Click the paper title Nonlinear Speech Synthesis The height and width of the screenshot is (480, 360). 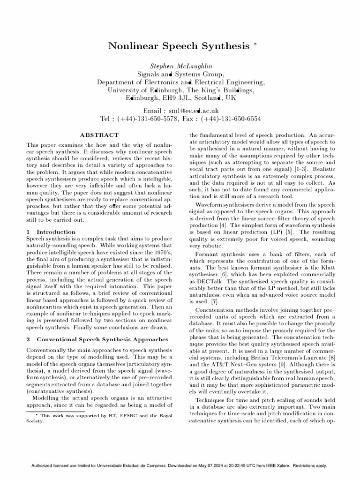tap(179, 46)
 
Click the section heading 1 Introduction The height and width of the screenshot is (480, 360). tap(51, 232)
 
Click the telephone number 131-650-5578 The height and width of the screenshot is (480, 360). tap(155, 119)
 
